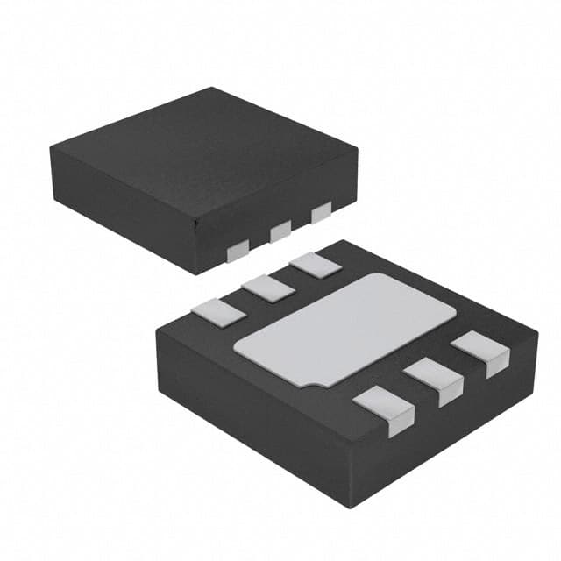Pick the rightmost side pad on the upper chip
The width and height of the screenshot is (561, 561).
322,211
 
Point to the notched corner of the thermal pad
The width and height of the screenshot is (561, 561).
309,382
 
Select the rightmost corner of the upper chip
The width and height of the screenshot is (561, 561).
358,154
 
